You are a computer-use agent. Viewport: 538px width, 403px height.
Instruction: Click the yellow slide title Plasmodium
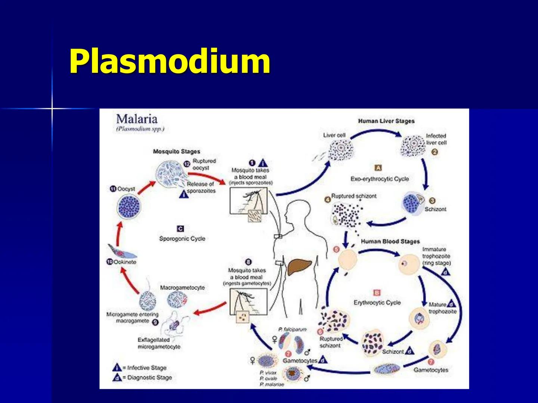click(x=170, y=62)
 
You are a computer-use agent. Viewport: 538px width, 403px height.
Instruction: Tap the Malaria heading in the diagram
click(x=137, y=119)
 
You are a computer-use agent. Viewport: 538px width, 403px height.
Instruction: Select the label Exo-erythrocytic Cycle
click(x=380, y=179)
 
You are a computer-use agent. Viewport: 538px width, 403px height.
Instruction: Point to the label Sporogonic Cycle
click(x=182, y=239)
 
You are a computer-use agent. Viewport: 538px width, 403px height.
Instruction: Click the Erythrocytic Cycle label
click(x=377, y=303)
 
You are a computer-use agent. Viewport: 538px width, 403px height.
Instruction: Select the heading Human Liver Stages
click(x=386, y=121)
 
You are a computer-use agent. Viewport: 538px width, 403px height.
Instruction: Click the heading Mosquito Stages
click(x=176, y=151)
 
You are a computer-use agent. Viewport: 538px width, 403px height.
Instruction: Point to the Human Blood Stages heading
click(x=390, y=242)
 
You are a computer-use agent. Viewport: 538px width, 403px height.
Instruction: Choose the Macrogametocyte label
click(x=182, y=288)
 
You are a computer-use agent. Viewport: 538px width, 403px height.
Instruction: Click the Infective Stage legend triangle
click(x=117, y=368)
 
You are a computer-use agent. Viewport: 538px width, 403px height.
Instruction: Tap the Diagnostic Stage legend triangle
click(x=117, y=378)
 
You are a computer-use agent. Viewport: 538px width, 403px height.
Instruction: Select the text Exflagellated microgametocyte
click(x=159, y=343)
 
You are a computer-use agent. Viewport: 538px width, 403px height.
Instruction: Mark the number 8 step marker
click(x=248, y=262)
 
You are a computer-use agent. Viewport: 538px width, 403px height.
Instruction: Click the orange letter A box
click(x=378, y=168)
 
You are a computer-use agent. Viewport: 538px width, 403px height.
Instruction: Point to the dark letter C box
click(x=180, y=229)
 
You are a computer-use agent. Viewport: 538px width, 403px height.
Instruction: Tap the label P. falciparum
click(x=293, y=329)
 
